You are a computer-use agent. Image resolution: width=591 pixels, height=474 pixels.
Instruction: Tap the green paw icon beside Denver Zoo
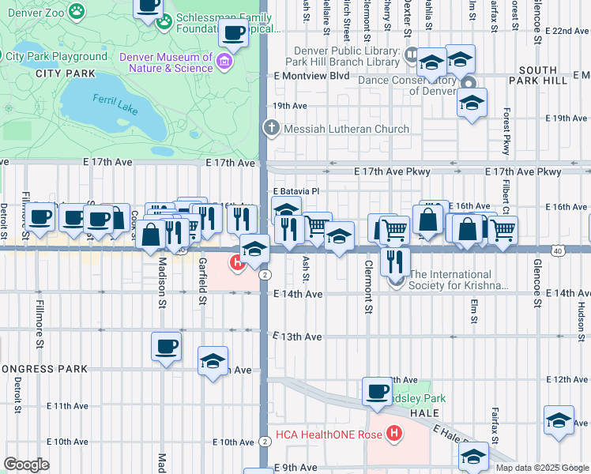point(77,10)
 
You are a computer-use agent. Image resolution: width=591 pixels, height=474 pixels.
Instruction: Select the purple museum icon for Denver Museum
point(225,62)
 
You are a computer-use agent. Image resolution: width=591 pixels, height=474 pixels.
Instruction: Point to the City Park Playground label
point(56,57)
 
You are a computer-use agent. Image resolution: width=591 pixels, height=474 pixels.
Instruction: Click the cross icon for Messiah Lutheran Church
point(271,129)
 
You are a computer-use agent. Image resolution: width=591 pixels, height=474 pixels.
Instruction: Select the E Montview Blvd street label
point(311,76)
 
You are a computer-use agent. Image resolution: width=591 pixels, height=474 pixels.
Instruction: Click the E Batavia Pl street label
point(295,191)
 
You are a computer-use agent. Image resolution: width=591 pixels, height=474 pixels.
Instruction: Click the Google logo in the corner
point(25,465)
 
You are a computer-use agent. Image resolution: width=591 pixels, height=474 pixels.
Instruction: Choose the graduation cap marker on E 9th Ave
point(473,455)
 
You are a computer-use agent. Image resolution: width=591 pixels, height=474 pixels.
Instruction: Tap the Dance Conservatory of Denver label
point(408,85)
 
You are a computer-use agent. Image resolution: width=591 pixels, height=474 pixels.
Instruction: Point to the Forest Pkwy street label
point(503,131)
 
